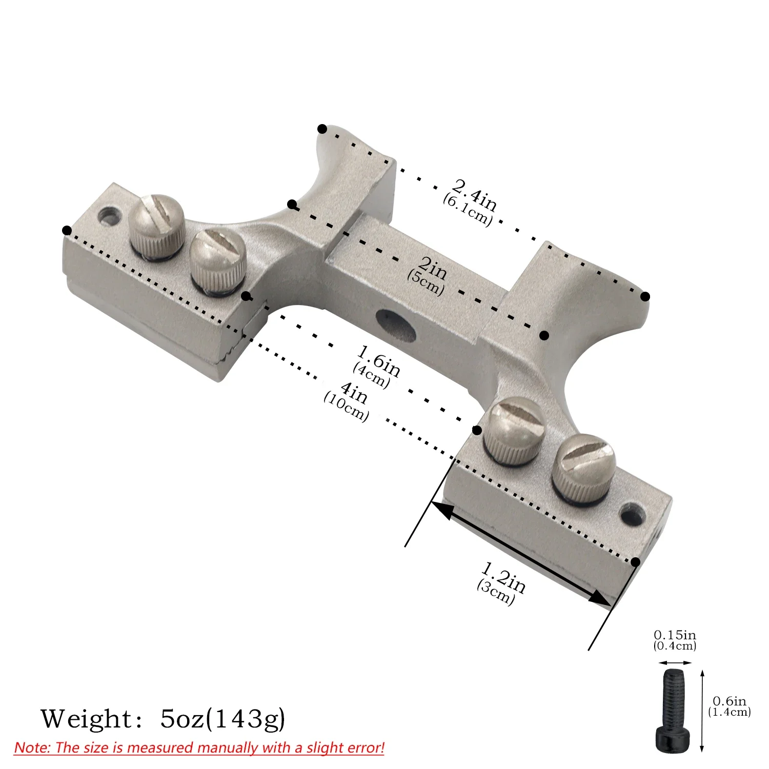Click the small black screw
click(673, 711)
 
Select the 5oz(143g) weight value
click(222, 719)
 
